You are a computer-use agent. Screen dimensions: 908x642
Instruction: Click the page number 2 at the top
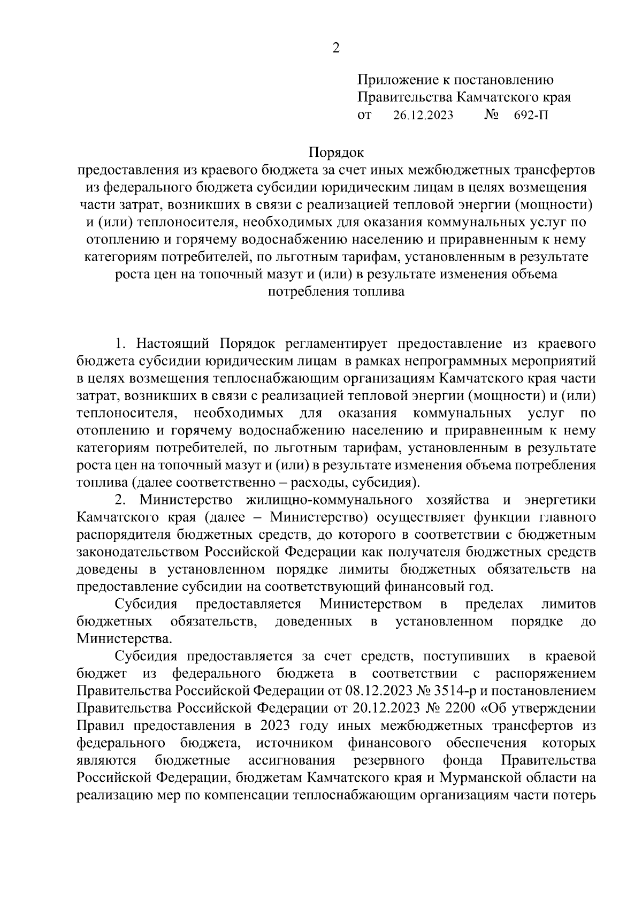click(336, 48)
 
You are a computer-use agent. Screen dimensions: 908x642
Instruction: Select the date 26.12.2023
click(423, 115)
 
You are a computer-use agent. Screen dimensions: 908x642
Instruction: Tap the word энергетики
click(560, 500)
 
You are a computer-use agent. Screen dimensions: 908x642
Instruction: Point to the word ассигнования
click(292, 760)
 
